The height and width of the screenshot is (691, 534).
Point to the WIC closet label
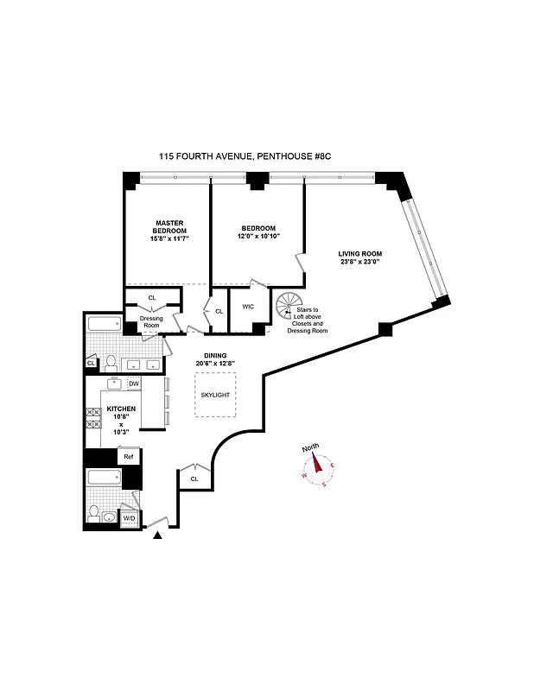[248, 306]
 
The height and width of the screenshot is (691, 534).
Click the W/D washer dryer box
[130, 517]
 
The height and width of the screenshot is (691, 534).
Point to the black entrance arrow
[157, 538]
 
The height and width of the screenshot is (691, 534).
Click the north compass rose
[317, 467]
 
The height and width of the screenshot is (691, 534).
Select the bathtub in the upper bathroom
[108, 326]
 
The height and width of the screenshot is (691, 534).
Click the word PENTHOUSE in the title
[278, 156]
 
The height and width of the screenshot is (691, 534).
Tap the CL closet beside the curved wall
[194, 478]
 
